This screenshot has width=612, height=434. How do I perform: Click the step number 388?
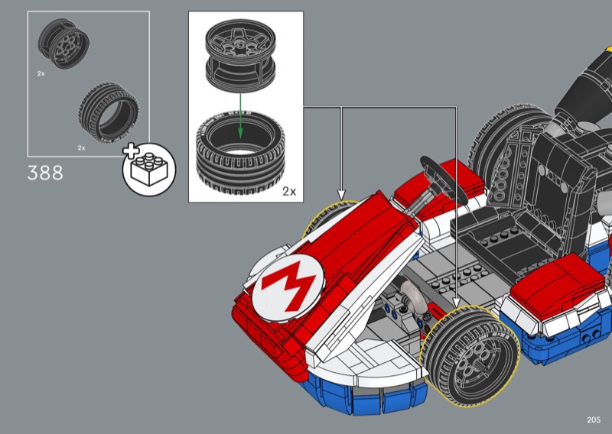(45, 173)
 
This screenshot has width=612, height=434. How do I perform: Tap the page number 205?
(594, 419)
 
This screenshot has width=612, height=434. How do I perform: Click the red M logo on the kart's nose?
(288, 288)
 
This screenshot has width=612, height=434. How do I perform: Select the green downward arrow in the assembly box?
(240, 116)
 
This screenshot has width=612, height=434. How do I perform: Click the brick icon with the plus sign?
(149, 169)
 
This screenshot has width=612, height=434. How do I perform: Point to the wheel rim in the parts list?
(63, 44)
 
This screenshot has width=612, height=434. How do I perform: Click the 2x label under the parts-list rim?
(41, 73)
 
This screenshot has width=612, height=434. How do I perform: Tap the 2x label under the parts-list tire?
(81, 147)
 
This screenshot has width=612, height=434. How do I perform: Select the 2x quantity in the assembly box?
(289, 192)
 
